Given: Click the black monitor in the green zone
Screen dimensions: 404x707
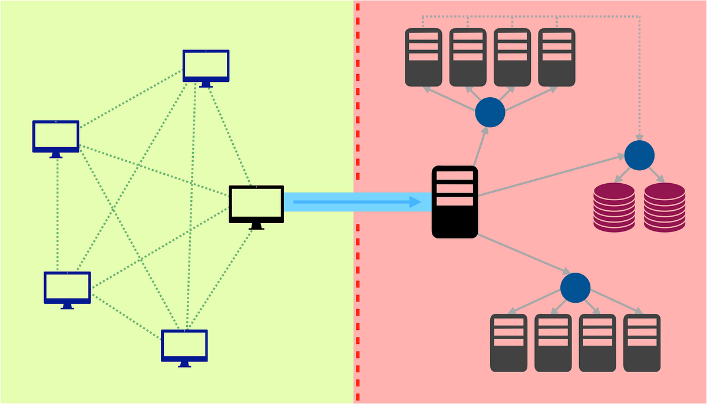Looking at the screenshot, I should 256,204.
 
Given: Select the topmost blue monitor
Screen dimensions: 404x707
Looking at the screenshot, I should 206,66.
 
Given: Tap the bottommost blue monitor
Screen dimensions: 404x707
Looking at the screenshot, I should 184,345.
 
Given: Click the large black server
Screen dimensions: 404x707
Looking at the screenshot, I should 454,202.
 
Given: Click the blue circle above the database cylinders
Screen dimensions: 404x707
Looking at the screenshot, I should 639,154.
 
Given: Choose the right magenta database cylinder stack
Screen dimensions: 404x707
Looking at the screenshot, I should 665,207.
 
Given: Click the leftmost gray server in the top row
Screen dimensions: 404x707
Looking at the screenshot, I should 423,57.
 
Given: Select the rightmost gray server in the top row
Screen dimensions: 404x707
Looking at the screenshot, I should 557,57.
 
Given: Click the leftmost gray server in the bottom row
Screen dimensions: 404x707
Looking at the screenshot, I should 509,343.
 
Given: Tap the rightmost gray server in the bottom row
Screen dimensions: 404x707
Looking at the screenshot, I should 642,343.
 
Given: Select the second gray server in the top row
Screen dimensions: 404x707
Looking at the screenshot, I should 468,57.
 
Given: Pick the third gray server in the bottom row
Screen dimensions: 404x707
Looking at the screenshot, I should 597,343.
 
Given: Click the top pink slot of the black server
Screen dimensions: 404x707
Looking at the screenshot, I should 454,175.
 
